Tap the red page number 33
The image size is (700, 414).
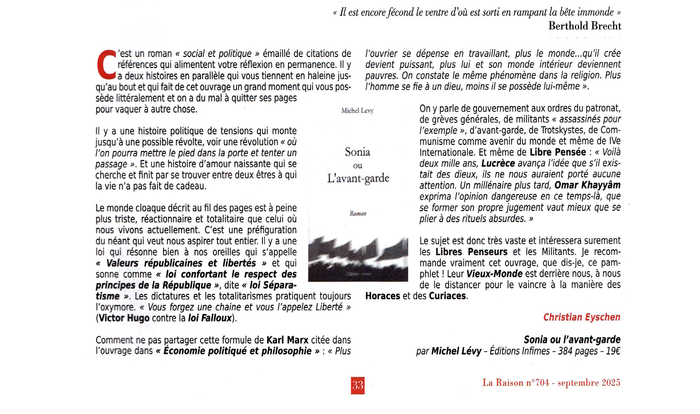pyautogui.click(x=358, y=385)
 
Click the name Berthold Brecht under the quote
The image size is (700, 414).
pyautogui.click(x=584, y=26)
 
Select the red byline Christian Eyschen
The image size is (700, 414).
pyautogui.click(x=582, y=317)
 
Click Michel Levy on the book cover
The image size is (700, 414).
pyautogui.click(x=357, y=111)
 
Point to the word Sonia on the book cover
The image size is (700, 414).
pyautogui.click(x=357, y=152)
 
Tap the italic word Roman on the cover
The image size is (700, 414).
pyautogui.click(x=358, y=213)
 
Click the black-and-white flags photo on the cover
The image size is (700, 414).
pyautogui.click(x=358, y=259)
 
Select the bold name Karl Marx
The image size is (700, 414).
pyautogui.click(x=287, y=340)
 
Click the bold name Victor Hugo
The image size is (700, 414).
pyautogui.click(x=124, y=318)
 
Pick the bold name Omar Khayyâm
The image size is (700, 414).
pyautogui.click(x=587, y=185)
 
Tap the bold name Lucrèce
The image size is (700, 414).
pyautogui.click(x=498, y=163)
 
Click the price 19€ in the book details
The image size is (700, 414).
pyautogui.click(x=613, y=351)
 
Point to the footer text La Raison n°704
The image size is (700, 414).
pyautogui.click(x=515, y=383)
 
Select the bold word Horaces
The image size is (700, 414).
pyautogui.click(x=382, y=296)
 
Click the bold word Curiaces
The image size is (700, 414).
pyautogui.click(x=447, y=296)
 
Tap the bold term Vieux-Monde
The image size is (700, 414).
pyautogui.click(x=494, y=274)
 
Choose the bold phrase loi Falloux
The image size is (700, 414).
pyautogui.click(x=210, y=318)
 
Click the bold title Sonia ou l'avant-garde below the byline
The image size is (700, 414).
pyautogui.click(x=572, y=340)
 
